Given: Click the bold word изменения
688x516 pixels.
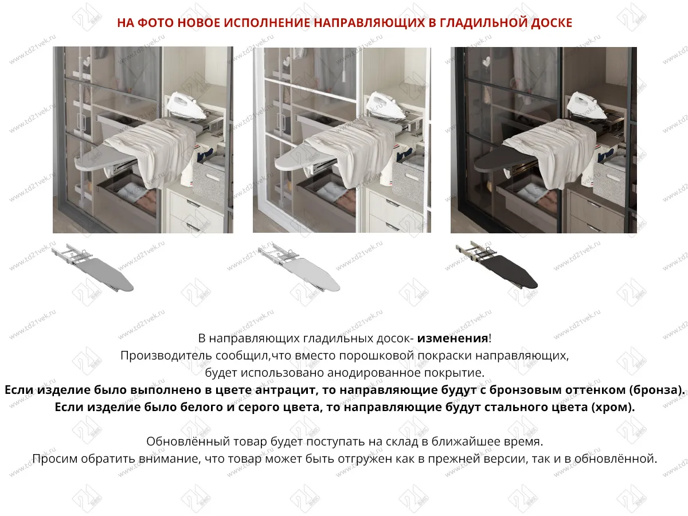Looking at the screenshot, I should point(452,338).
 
